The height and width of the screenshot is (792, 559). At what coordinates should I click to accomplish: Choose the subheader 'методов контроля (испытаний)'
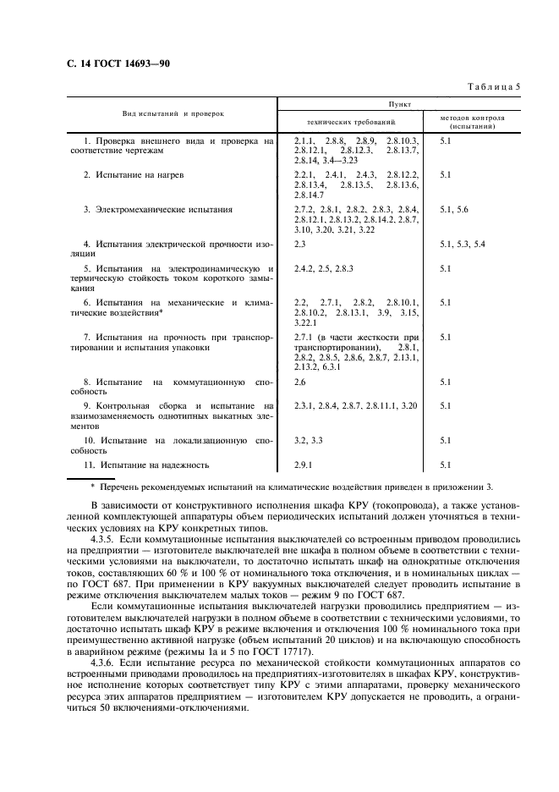tap(472, 121)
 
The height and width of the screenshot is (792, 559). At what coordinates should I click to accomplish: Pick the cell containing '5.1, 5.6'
tap(454, 208)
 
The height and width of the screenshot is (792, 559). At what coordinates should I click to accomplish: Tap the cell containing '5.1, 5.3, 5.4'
tap(463, 244)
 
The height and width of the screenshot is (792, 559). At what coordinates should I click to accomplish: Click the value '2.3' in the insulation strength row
tap(299, 244)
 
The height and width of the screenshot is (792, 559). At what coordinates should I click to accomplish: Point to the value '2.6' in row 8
tap(299, 382)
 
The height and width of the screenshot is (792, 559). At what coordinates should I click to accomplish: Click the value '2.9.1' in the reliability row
tap(303, 465)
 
